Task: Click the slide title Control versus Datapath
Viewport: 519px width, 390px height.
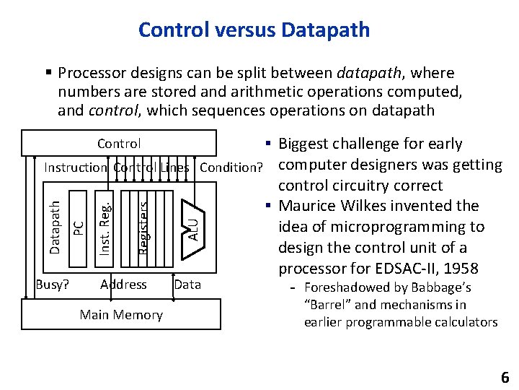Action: pos(254,30)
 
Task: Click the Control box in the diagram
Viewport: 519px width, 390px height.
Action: pos(119,144)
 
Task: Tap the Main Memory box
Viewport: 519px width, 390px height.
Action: pos(121,315)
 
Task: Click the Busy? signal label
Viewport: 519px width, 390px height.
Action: pos(53,284)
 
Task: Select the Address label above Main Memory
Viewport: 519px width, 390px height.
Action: pos(123,284)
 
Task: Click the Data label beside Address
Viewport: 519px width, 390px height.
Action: pos(187,284)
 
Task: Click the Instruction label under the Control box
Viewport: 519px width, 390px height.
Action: pos(76,168)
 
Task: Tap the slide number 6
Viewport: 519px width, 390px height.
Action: pos(505,377)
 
